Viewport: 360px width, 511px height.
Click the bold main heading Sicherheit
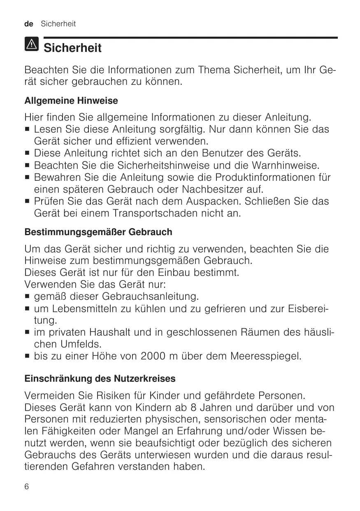click(x=72, y=49)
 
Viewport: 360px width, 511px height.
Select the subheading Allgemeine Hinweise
click(x=71, y=100)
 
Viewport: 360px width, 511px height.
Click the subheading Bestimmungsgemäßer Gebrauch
click(x=98, y=232)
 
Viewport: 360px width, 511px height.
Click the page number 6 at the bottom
click(x=27, y=487)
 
